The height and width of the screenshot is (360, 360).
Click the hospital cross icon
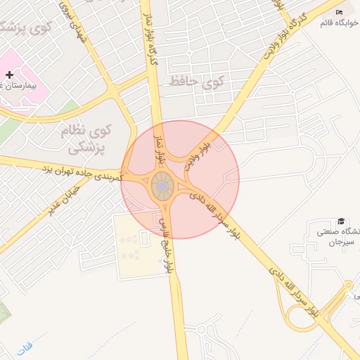coord(9,75)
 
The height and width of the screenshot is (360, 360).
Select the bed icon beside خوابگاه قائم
coord(340,12)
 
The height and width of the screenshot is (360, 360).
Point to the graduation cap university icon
coord(342,221)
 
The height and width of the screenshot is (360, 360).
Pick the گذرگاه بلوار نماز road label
coord(152,42)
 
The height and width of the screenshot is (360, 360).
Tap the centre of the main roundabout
coord(162,186)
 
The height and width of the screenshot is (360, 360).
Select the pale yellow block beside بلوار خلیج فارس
coord(134,246)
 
